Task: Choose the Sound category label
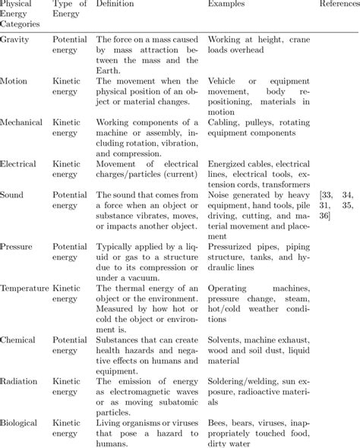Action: click(x=13, y=194)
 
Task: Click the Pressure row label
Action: click(x=18, y=247)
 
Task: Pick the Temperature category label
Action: click(x=25, y=288)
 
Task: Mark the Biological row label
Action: click(x=22, y=422)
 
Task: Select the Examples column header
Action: click(x=227, y=5)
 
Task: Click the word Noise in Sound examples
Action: click(x=219, y=194)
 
